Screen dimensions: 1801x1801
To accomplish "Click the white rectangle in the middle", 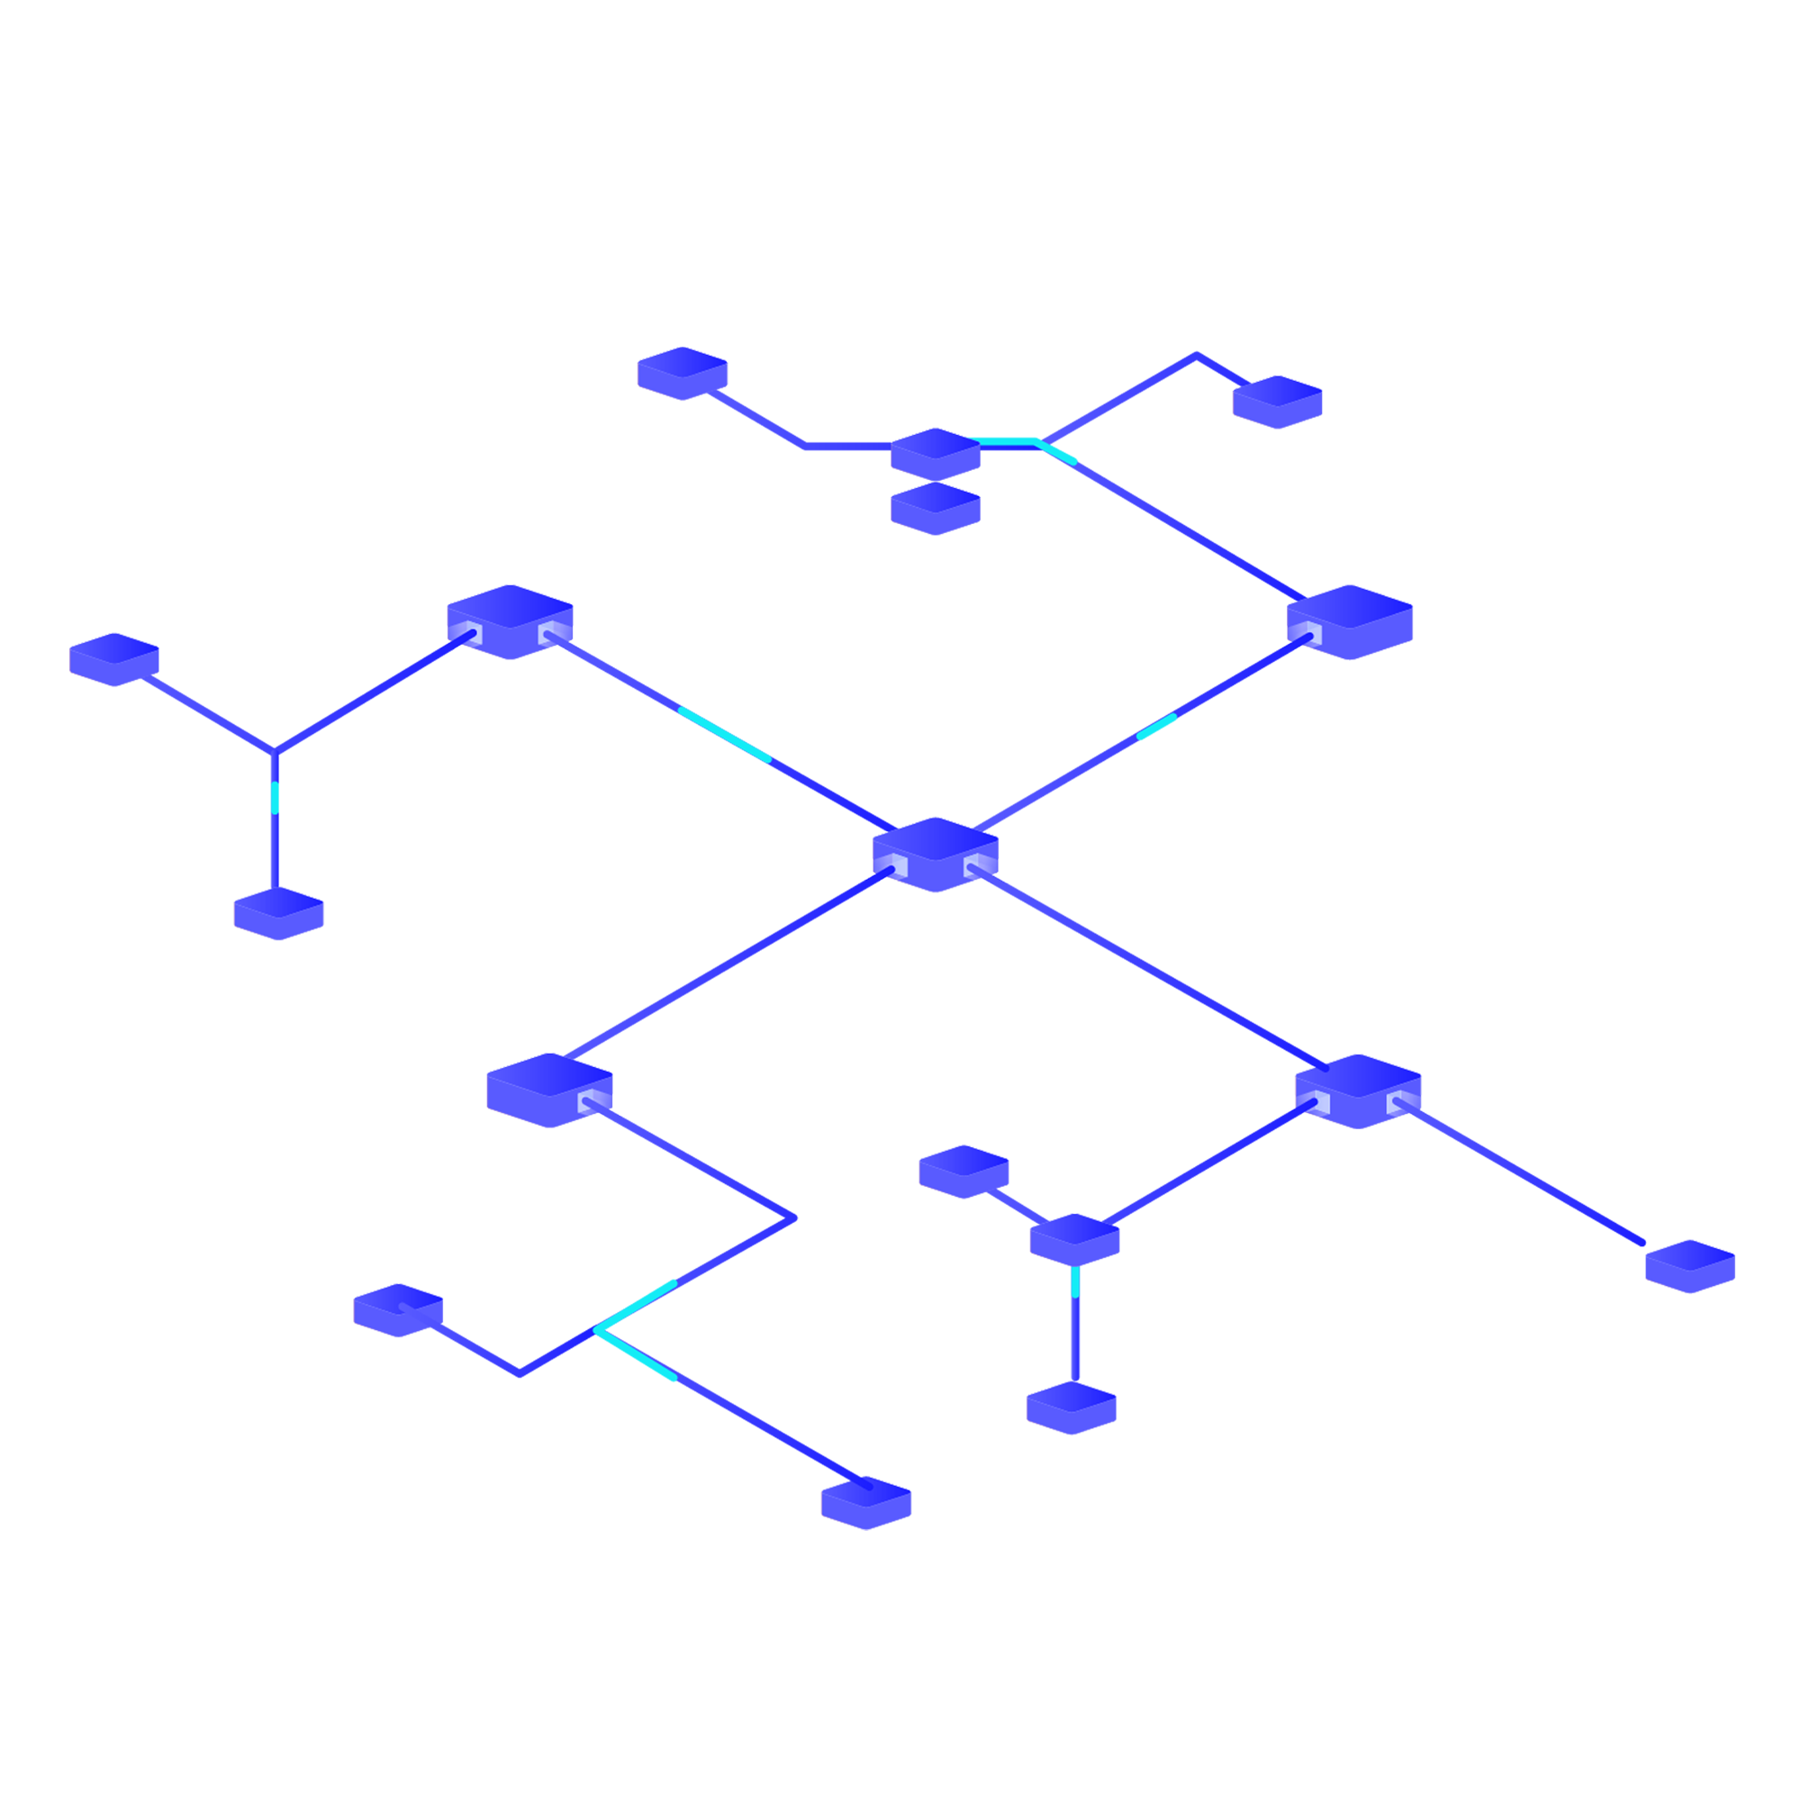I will coord(828,614).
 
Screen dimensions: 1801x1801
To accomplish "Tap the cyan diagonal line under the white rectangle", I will coord(725,735).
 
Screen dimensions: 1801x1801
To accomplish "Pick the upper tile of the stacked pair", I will coord(935,449).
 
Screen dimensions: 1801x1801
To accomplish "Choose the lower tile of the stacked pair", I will coord(936,507).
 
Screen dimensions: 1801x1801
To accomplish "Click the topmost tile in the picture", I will coord(683,371).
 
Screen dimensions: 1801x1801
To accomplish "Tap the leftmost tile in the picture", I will coord(113,657).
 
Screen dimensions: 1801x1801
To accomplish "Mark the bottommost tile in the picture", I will coord(867,1503).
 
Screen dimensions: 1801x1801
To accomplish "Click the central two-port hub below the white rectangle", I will coord(935,852).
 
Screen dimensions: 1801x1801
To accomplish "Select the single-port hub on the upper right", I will coord(1350,619).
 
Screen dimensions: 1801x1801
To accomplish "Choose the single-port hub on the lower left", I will coord(550,1088).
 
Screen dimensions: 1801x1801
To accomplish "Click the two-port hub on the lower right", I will coord(1357,1088).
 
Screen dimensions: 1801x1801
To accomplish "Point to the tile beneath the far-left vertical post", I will coord(279,910).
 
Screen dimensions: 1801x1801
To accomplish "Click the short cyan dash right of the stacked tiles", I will coord(1063,452).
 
